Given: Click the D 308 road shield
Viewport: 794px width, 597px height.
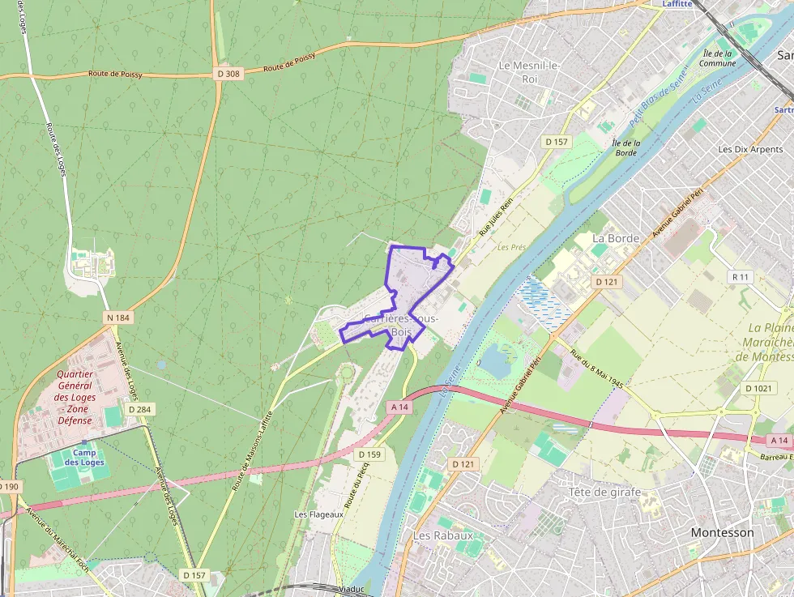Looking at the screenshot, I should (x=229, y=74).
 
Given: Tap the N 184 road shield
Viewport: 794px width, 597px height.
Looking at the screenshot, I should (x=117, y=318).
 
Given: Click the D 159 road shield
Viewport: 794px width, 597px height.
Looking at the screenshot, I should (x=369, y=454).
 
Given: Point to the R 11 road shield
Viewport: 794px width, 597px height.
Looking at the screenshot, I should (x=741, y=277).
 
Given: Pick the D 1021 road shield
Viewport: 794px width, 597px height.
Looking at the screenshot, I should (x=759, y=388).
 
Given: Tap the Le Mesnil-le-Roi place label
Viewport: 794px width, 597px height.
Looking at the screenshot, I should (x=529, y=72).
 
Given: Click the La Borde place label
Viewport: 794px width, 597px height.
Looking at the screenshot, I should (x=616, y=238).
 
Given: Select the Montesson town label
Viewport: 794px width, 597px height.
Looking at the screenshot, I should (x=722, y=532).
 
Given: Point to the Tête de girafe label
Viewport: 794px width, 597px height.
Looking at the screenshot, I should (x=604, y=492).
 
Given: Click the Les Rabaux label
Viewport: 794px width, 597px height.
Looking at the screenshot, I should (x=443, y=535).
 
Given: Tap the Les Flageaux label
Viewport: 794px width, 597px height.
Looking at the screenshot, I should (x=319, y=514).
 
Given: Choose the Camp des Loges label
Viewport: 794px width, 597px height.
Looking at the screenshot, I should (x=90, y=457).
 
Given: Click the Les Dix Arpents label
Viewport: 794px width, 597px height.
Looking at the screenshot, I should (x=750, y=149).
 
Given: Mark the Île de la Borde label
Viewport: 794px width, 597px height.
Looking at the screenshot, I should (x=626, y=147).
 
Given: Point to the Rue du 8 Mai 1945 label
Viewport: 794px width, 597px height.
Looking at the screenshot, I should (x=595, y=369).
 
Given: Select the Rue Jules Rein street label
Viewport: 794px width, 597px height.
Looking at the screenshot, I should (x=496, y=219).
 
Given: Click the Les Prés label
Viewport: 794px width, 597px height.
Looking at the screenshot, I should (x=512, y=247).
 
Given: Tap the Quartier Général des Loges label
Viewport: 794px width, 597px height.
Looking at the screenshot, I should (x=75, y=398).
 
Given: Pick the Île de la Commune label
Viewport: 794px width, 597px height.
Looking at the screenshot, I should (x=717, y=58).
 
